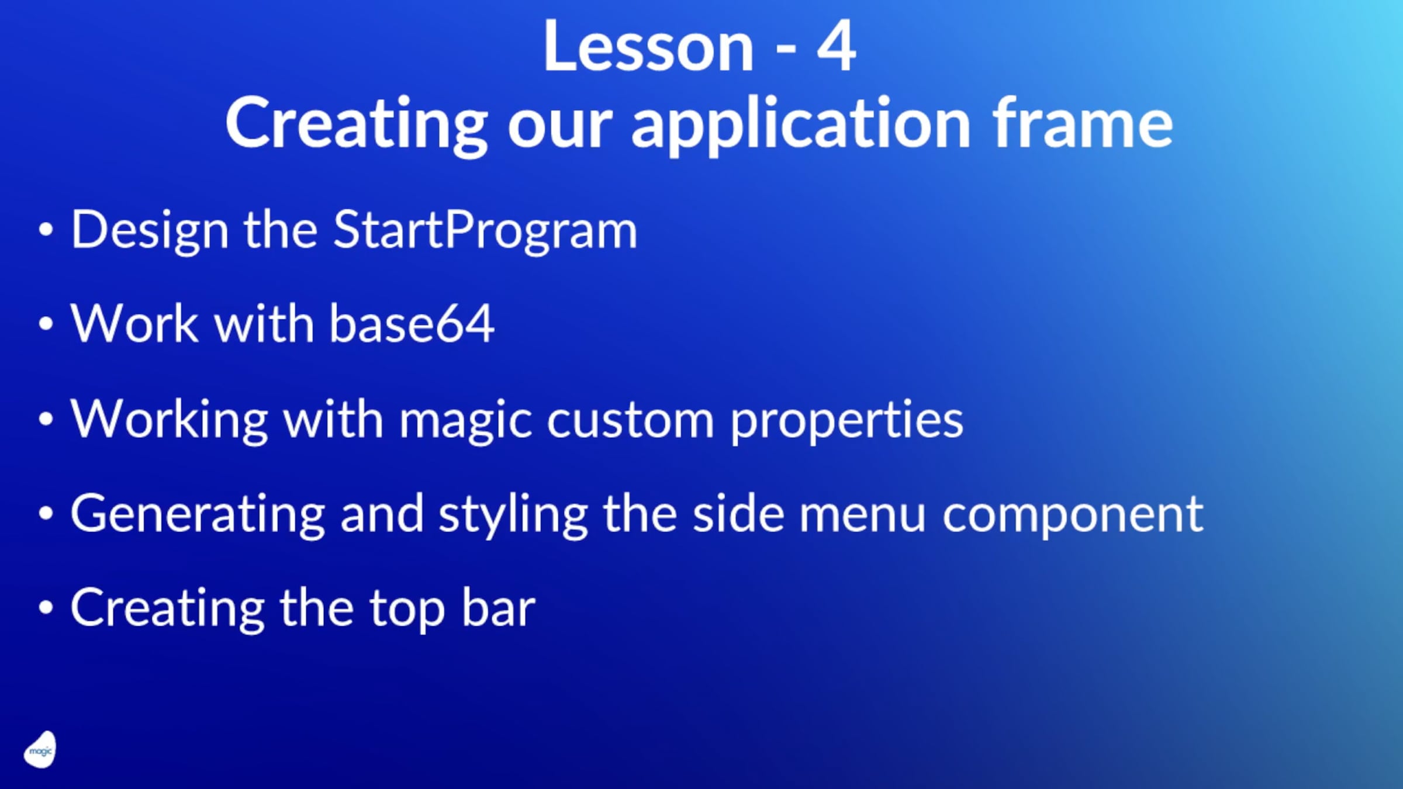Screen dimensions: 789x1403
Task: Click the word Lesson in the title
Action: [648, 47]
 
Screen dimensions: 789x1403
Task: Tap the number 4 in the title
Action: [836, 47]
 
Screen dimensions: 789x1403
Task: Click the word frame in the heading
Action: [1082, 123]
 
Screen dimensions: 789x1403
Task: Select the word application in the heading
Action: [801, 126]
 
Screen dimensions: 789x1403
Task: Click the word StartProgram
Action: [485, 230]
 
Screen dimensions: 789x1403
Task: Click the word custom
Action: [630, 420]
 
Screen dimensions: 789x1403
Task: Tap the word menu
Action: [862, 514]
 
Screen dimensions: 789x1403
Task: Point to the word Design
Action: [149, 231]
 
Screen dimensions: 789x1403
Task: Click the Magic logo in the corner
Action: [40, 750]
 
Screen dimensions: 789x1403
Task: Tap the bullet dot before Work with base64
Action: [46, 324]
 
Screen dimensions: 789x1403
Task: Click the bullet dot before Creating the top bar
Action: [46, 608]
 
